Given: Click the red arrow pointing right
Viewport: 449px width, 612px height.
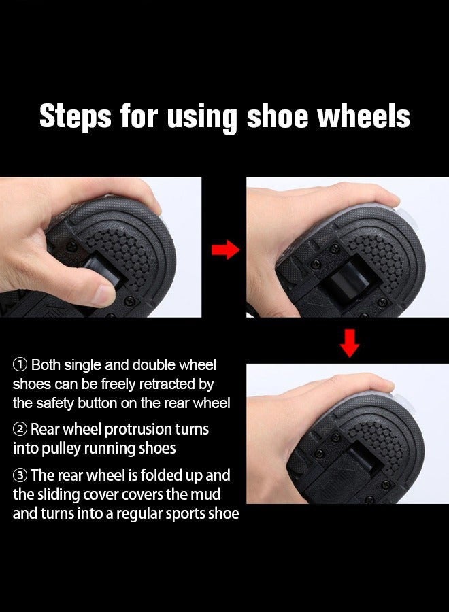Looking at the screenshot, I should (x=225, y=250).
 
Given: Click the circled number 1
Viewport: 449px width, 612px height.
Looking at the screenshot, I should (x=20, y=366).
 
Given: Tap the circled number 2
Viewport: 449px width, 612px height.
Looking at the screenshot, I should (x=20, y=430).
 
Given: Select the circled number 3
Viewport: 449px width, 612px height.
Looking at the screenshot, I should (x=20, y=475).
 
